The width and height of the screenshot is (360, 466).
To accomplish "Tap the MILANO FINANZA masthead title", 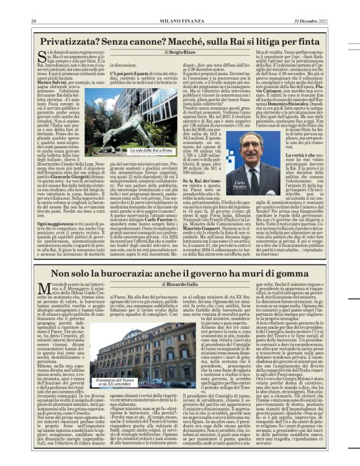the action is (179, 20).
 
